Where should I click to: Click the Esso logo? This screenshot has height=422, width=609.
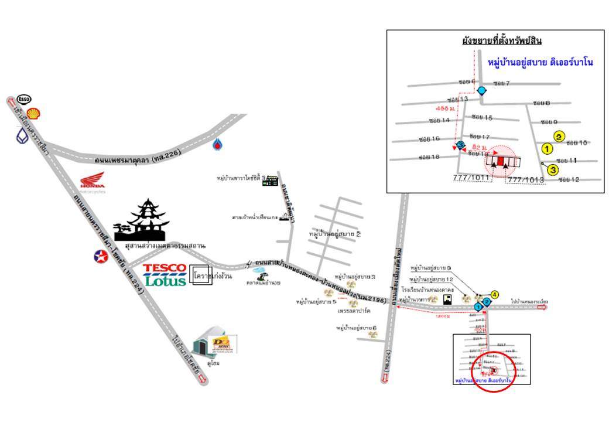(25, 99)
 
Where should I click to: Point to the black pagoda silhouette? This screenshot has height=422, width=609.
(143, 221)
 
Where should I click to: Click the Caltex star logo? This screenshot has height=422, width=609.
(101, 256)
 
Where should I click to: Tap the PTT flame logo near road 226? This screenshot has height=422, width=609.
(217, 143)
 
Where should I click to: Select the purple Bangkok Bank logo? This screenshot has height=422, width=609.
(22, 135)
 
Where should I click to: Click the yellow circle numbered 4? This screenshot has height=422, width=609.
(495, 294)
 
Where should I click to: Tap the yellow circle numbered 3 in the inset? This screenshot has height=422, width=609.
(553, 170)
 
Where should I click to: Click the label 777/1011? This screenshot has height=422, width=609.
(472, 176)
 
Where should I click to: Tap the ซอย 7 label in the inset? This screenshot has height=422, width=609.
(502, 84)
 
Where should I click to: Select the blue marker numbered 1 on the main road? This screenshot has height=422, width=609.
(478, 307)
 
